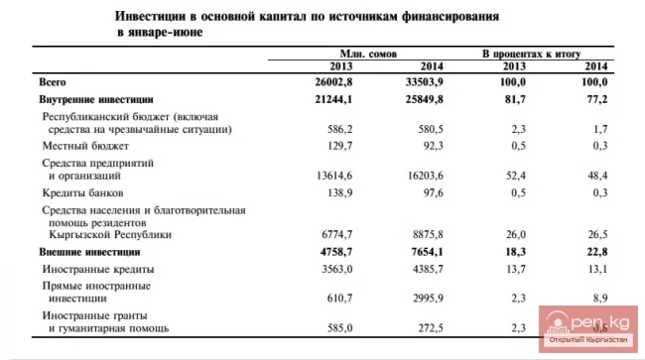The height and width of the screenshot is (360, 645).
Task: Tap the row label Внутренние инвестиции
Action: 94,100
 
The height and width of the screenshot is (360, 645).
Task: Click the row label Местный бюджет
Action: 82,145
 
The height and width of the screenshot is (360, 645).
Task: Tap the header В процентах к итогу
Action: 531,53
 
